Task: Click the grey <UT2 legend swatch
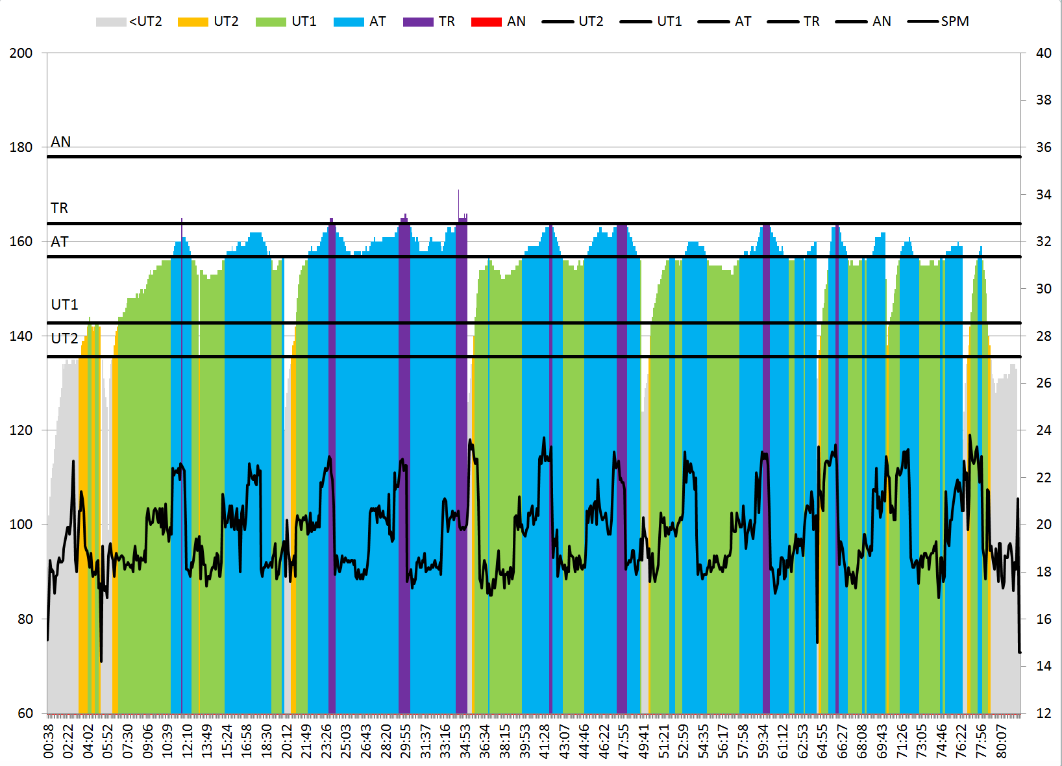tap(111, 22)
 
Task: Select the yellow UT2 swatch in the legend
tap(193, 22)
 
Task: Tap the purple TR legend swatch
tap(417, 22)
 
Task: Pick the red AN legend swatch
tap(486, 22)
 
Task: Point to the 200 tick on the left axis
tap(21, 53)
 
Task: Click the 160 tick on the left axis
tap(21, 241)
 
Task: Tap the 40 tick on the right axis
tap(1043, 53)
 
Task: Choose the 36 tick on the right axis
tap(1043, 147)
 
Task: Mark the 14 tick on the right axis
tap(1043, 666)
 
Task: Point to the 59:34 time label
tap(763, 741)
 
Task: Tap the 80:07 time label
tap(1002, 741)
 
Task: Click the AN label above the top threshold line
tap(61, 142)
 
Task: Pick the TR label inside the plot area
tap(59, 208)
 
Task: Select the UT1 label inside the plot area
tap(64, 304)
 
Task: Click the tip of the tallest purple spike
tap(458, 190)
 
